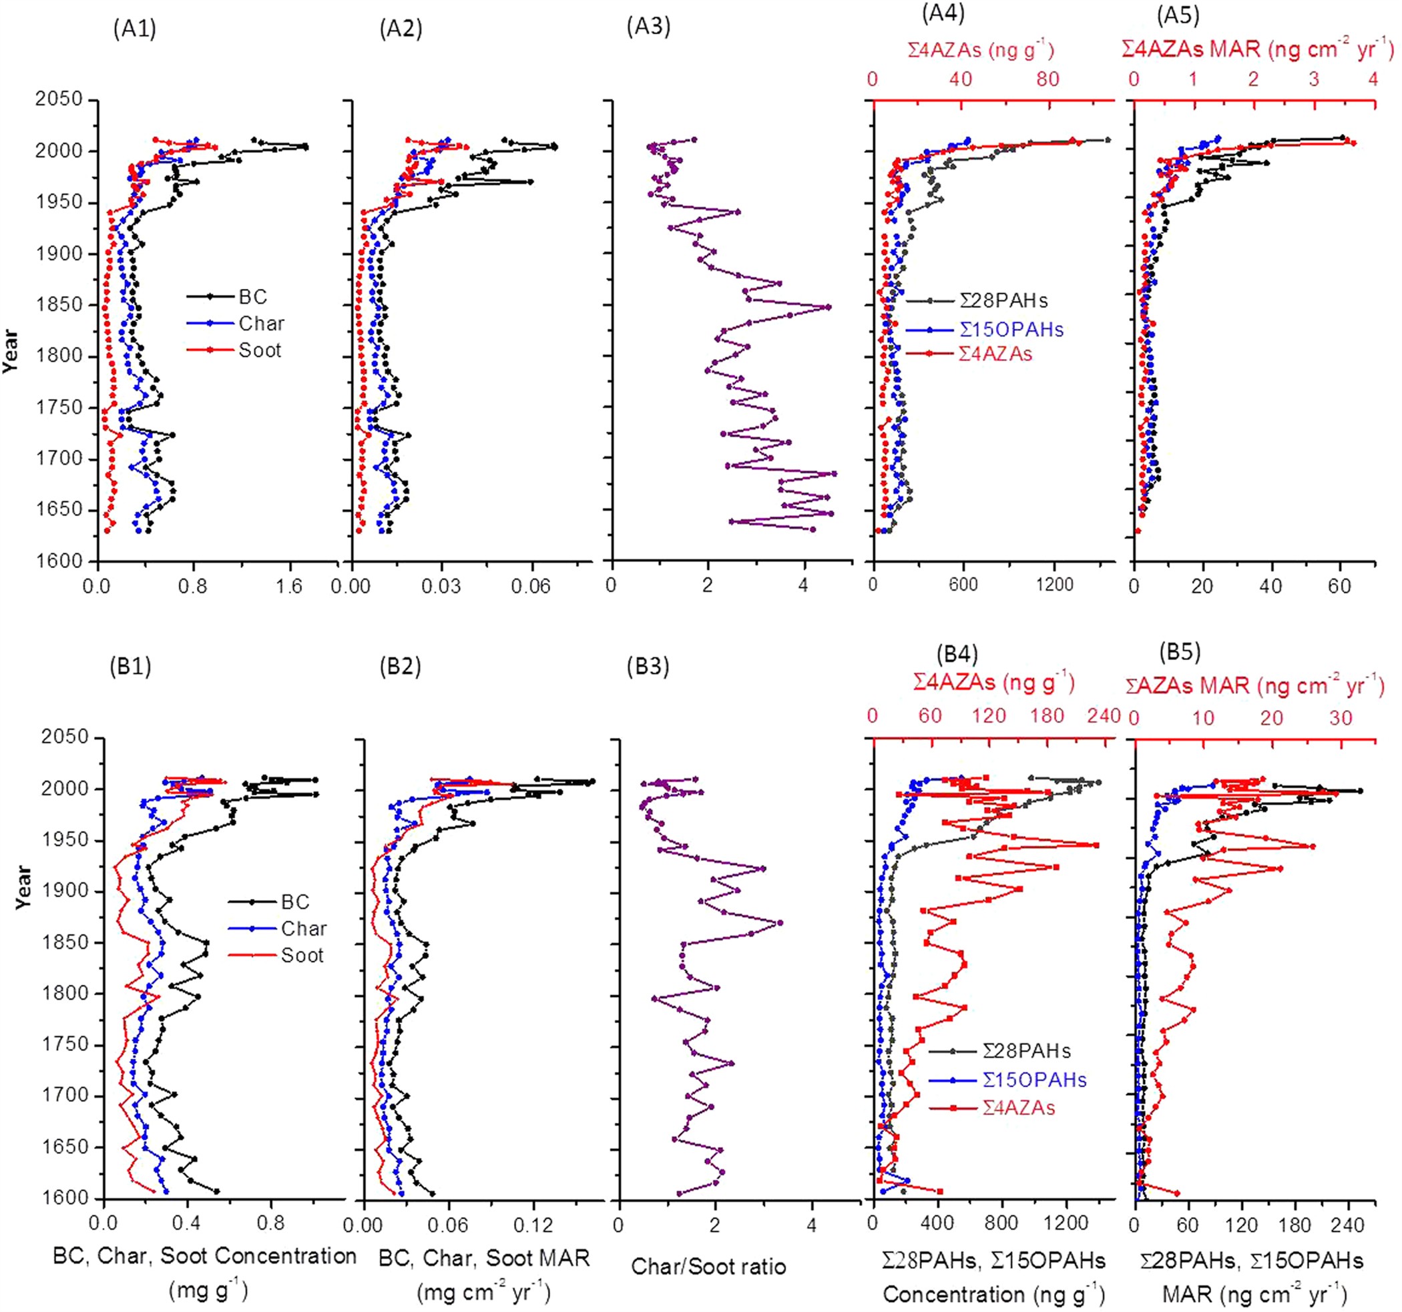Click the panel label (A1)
[134, 29]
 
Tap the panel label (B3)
[648, 666]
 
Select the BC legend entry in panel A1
[252, 297]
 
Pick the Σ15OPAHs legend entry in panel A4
[1011, 329]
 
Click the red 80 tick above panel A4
[1048, 79]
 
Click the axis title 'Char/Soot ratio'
[708, 1267]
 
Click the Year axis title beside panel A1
[11, 350]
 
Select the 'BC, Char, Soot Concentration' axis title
[204, 1255]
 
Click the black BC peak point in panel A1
[304, 147]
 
